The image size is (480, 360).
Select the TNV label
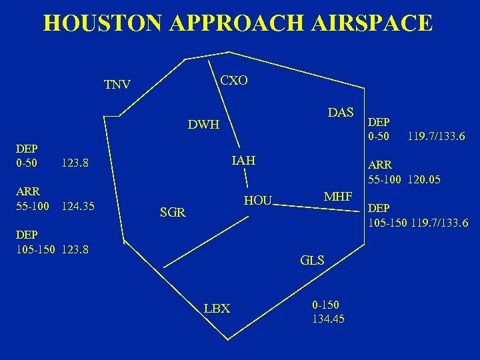tap(117, 85)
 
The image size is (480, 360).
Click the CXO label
tap(234, 81)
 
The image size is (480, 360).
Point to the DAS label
tap(341, 112)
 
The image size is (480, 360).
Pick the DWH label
tap(203, 125)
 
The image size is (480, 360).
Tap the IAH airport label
tap(243, 161)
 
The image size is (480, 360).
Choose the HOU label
tap(257, 201)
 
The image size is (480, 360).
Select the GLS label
tap(312, 260)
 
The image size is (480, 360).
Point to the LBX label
tap(217, 309)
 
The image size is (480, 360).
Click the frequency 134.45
tap(328, 319)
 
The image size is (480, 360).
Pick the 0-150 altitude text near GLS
tap(325, 305)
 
